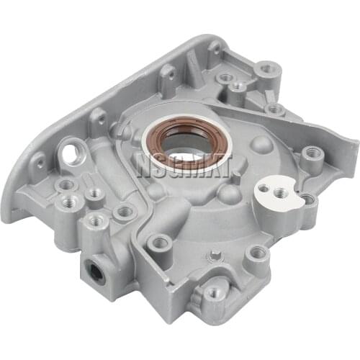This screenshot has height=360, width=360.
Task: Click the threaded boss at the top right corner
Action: tap(269, 69)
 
